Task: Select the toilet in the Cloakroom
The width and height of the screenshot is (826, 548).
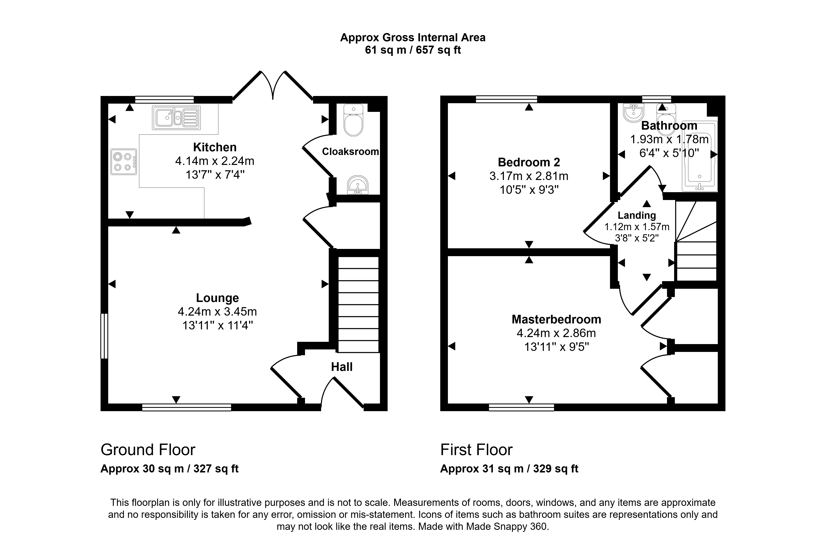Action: coord(353,120)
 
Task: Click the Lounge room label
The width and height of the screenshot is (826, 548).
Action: coord(217,298)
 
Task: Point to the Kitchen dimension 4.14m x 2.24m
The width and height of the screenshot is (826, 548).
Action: coord(215,161)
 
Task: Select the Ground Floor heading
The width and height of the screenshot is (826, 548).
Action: coord(148,450)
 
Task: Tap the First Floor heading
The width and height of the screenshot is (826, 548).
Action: coord(476,450)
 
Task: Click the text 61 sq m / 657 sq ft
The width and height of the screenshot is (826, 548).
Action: coord(413,50)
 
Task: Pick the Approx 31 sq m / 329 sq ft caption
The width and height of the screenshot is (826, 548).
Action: coord(509,469)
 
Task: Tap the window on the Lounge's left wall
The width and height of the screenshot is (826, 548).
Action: coord(104,336)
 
